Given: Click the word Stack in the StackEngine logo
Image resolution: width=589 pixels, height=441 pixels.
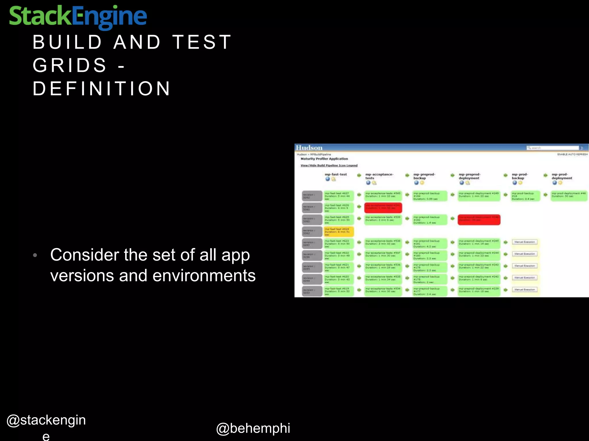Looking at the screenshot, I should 40,16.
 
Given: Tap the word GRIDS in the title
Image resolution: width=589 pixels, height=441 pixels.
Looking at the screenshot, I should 70,65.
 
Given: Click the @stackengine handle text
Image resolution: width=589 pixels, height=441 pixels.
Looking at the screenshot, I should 46,420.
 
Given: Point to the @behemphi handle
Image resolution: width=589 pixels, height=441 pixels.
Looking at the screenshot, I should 253,428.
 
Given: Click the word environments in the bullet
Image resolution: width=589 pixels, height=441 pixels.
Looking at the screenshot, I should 204,276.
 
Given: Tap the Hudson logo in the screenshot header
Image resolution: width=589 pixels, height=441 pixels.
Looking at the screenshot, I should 309,148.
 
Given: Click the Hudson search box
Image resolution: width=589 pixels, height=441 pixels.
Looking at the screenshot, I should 552,148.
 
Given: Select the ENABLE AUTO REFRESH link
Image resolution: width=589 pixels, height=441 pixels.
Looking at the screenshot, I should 572,154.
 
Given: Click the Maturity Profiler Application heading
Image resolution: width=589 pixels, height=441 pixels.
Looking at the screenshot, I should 324,159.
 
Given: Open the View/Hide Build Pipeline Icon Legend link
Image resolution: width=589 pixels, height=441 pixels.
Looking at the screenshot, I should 329,165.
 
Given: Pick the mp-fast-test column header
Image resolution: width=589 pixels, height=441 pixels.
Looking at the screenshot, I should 336,174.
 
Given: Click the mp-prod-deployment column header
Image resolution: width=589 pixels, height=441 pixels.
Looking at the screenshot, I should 562,176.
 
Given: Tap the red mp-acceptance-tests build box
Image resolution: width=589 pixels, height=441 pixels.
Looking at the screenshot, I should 383,208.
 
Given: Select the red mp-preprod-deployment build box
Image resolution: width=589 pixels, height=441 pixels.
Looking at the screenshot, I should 479,220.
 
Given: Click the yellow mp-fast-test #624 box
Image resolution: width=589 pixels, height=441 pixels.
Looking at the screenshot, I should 339,231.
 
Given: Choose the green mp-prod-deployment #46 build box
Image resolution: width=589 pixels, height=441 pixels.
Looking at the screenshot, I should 569,196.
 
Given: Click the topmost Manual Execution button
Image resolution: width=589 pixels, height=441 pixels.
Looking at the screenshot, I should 525,242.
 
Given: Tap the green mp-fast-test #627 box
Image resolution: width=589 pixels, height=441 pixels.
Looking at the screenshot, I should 339,196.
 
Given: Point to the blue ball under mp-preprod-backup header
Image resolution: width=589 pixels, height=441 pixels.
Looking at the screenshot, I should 416,183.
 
